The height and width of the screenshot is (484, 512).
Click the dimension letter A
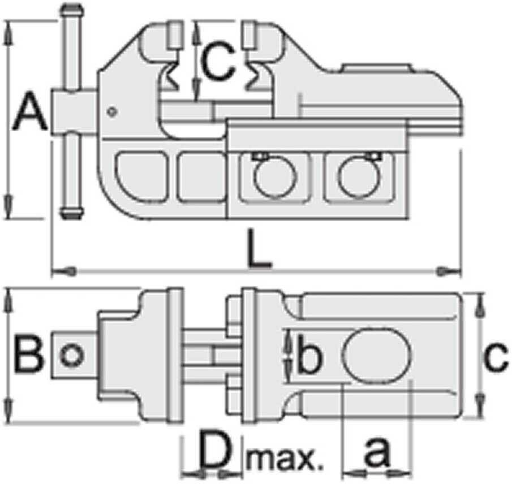(29, 111)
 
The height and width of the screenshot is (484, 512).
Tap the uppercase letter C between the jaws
(217, 61)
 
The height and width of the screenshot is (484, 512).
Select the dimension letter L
(259, 248)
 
